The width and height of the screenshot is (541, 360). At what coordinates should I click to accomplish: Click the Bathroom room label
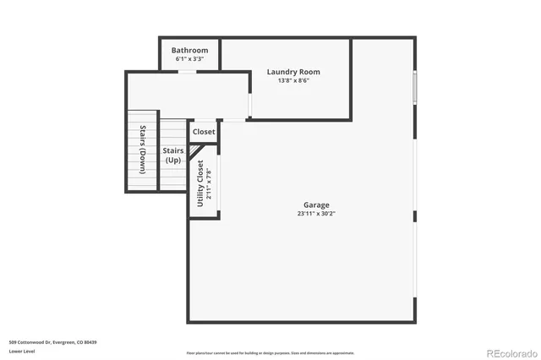tap(189, 50)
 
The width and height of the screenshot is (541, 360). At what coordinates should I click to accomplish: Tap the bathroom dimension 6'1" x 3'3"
tap(189, 59)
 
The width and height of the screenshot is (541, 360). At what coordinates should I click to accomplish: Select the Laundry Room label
tap(293, 72)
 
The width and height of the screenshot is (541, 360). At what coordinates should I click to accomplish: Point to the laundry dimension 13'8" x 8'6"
tap(293, 81)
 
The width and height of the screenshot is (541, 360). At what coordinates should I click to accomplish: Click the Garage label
tap(316, 205)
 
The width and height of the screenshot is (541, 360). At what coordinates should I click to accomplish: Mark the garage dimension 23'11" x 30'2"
tap(316, 215)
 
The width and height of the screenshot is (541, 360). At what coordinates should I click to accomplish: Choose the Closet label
tap(204, 132)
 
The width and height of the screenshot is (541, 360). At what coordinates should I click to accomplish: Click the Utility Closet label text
tap(200, 183)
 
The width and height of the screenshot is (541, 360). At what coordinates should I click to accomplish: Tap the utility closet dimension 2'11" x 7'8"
tap(209, 183)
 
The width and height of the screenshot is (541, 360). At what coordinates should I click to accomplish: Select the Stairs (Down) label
tap(143, 150)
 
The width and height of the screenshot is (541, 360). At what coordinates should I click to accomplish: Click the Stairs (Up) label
tap(172, 155)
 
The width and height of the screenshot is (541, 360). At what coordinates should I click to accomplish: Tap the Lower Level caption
tap(22, 351)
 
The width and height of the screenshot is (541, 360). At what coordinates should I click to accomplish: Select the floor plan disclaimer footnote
tap(270, 352)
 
